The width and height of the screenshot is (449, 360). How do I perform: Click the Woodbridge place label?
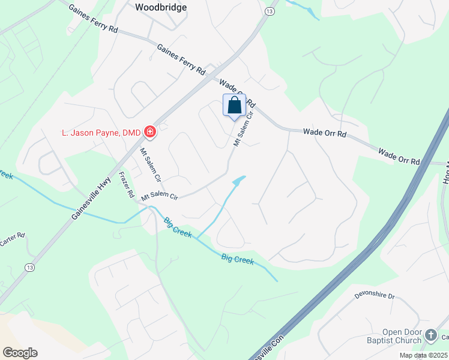pyautogui.click(x=161, y=7)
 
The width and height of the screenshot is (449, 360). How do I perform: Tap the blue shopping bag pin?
pyautogui.click(x=234, y=106)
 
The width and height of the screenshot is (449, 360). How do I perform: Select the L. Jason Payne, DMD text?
pyautogui.click(x=101, y=132)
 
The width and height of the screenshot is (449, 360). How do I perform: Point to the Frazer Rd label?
pyautogui.click(x=127, y=186)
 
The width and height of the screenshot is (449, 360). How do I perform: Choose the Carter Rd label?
pyautogui.click(x=11, y=239)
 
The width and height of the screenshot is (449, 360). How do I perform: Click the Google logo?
pyautogui.click(x=20, y=353)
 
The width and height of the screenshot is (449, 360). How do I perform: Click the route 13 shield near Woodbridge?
pyautogui.click(x=270, y=11)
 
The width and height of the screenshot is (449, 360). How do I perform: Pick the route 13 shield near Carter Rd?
pyautogui.click(x=29, y=266)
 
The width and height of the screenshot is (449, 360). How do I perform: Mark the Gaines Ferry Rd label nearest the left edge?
pyautogui.click(x=93, y=19)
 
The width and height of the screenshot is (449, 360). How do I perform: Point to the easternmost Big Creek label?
pyautogui.click(x=237, y=260)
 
